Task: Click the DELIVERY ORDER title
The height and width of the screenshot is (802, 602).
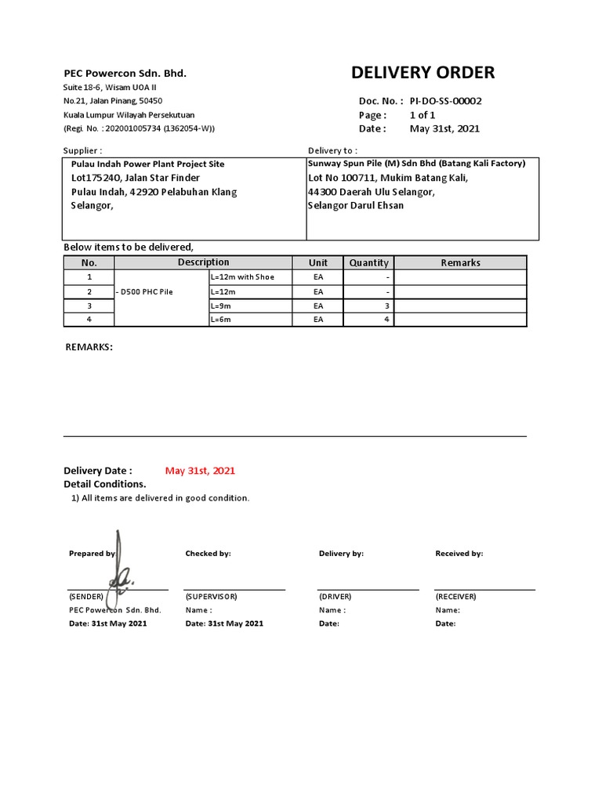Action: [x=422, y=73]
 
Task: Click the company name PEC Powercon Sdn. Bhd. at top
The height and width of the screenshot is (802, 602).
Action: [x=125, y=73]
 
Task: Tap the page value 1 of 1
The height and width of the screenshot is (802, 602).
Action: [x=422, y=114]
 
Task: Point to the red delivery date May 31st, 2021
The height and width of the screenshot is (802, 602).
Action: [x=200, y=471]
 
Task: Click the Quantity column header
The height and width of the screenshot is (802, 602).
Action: [x=368, y=263]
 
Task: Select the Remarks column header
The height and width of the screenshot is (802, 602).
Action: [x=460, y=263]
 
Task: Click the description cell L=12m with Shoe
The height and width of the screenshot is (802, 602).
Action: [x=243, y=277]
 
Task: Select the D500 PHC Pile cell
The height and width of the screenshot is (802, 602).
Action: [x=144, y=291]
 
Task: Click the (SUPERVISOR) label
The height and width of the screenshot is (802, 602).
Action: [x=211, y=596]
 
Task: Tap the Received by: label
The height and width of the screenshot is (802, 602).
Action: [x=459, y=554]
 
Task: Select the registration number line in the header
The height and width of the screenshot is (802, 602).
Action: [x=139, y=128]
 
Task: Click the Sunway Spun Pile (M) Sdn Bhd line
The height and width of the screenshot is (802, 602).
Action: [x=416, y=164]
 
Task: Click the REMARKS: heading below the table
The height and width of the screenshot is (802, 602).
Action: [x=88, y=346]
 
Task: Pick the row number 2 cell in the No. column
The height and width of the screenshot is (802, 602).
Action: [x=89, y=291]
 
